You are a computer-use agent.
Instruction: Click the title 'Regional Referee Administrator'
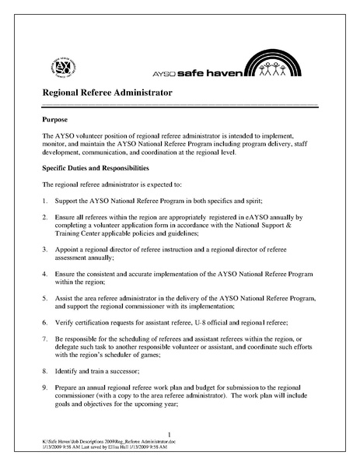(107, 93)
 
